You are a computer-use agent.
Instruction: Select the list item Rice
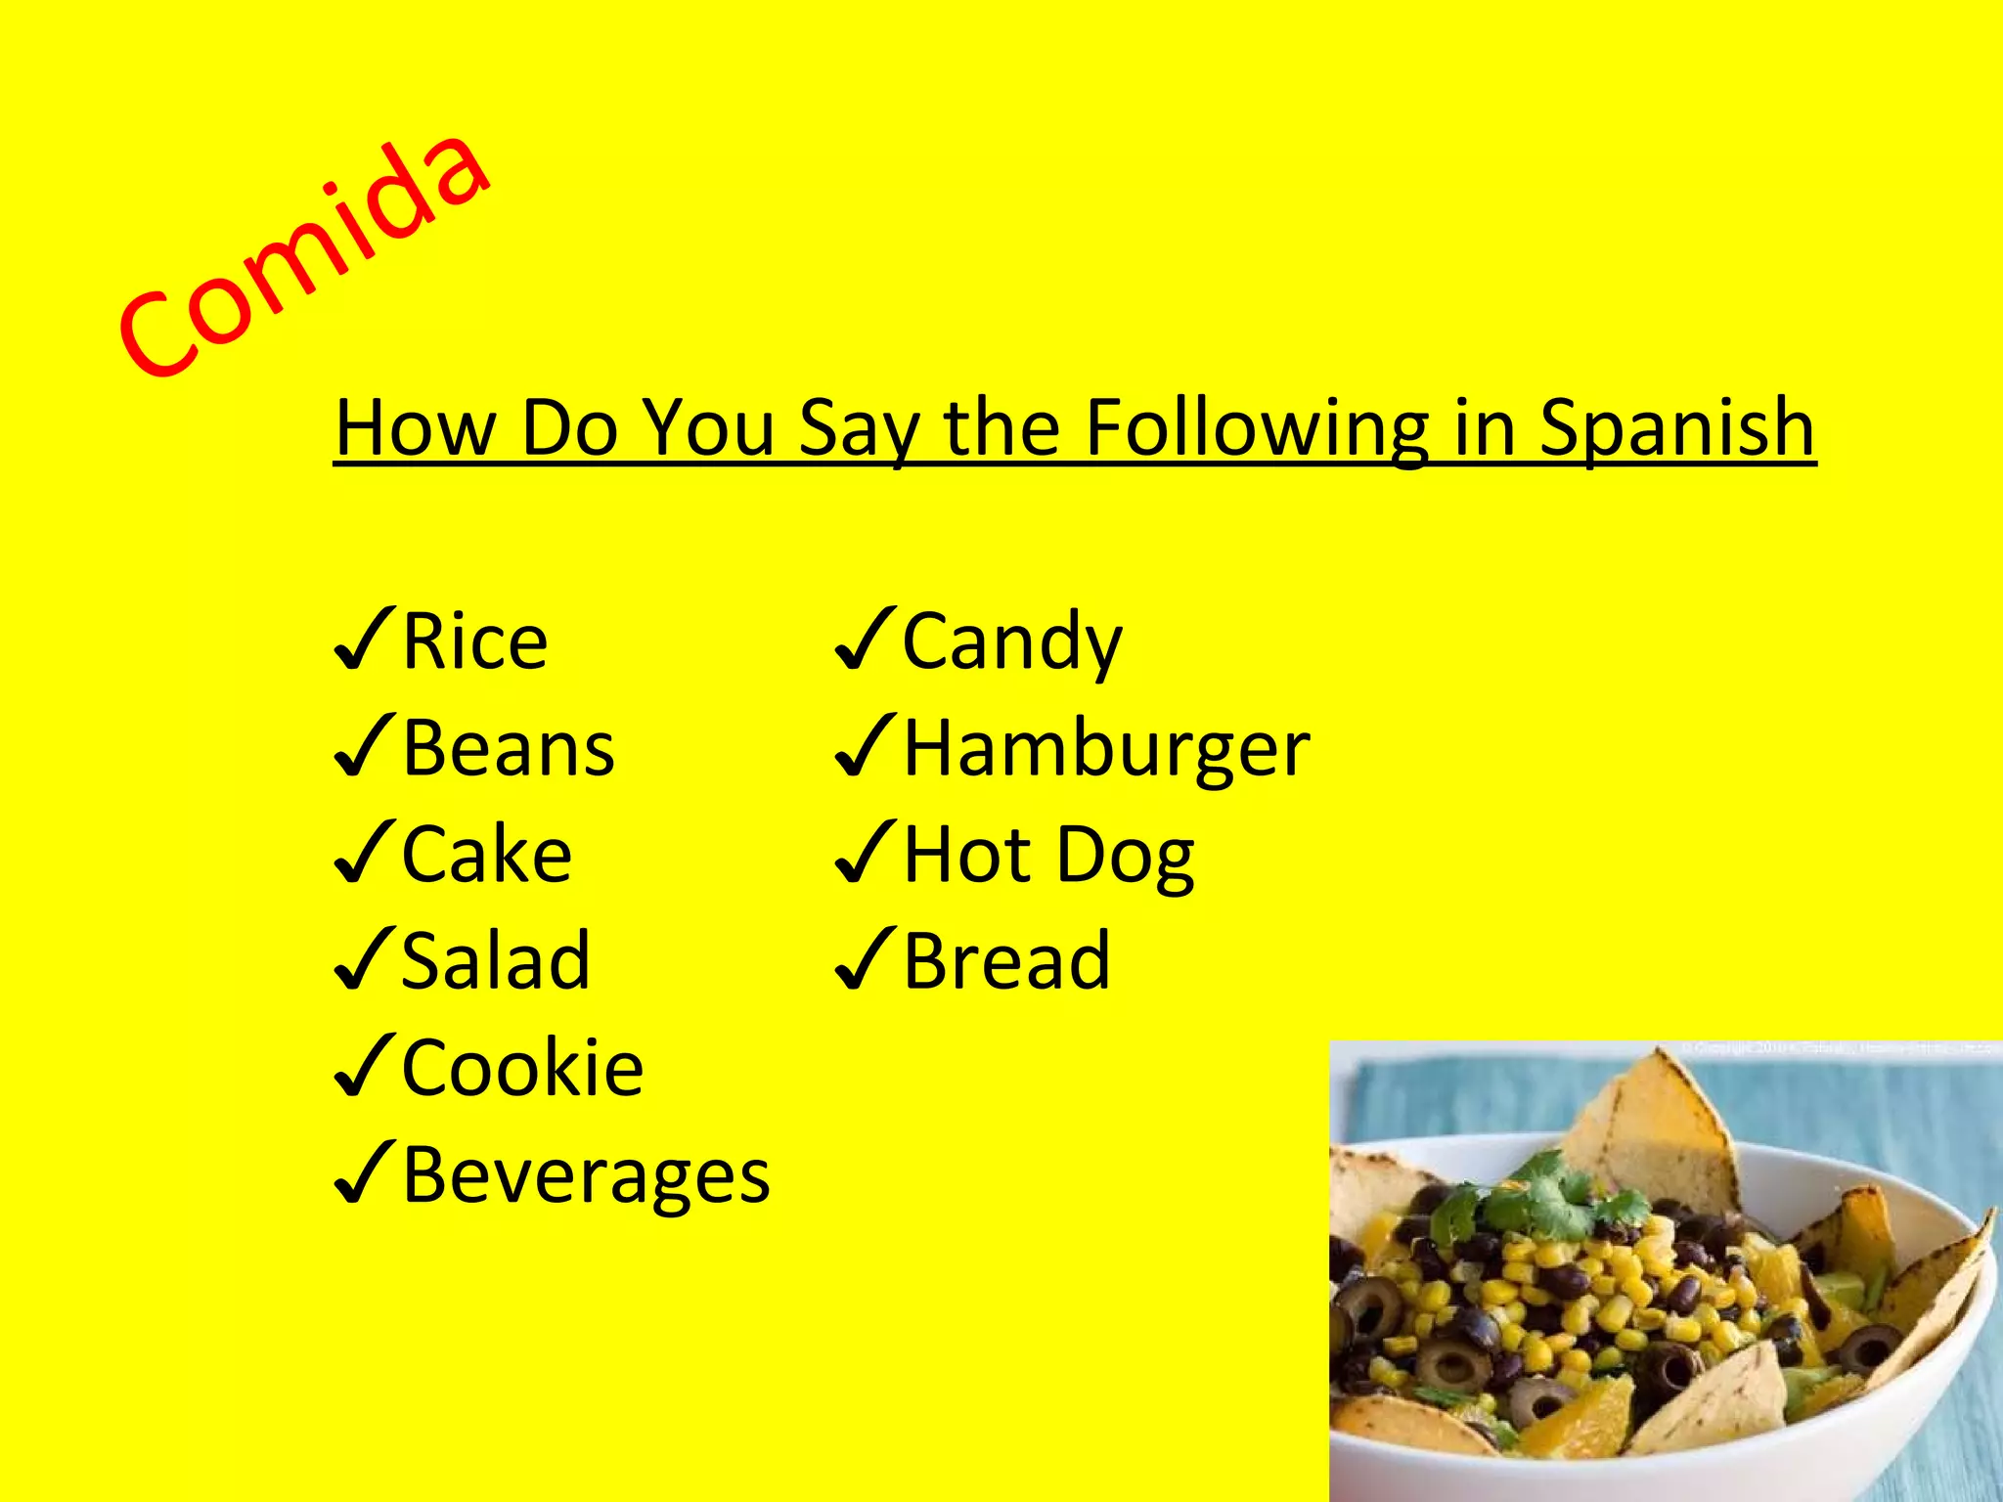tap(475, 641)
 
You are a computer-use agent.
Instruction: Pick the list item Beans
tap(509, 749)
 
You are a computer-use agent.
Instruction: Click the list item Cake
tap(487, 856)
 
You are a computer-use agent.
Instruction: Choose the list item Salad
tap(496, 961)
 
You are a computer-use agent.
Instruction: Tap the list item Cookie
tap(523, 1068)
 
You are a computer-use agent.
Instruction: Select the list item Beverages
tap(586, 1174)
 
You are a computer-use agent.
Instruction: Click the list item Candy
tap(1012, 641)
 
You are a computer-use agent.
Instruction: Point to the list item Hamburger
tap(1106, 749)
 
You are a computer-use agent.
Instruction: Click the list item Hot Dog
tap(1048, 856)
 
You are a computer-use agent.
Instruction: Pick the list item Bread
tap(1006, 961)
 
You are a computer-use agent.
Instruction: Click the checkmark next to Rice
tap(364, 640)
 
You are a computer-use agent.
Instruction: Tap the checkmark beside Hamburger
tap(865, 746)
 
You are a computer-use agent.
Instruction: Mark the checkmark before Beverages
tap(364, 1172)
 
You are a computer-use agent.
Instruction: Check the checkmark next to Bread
tap(865, 959)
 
